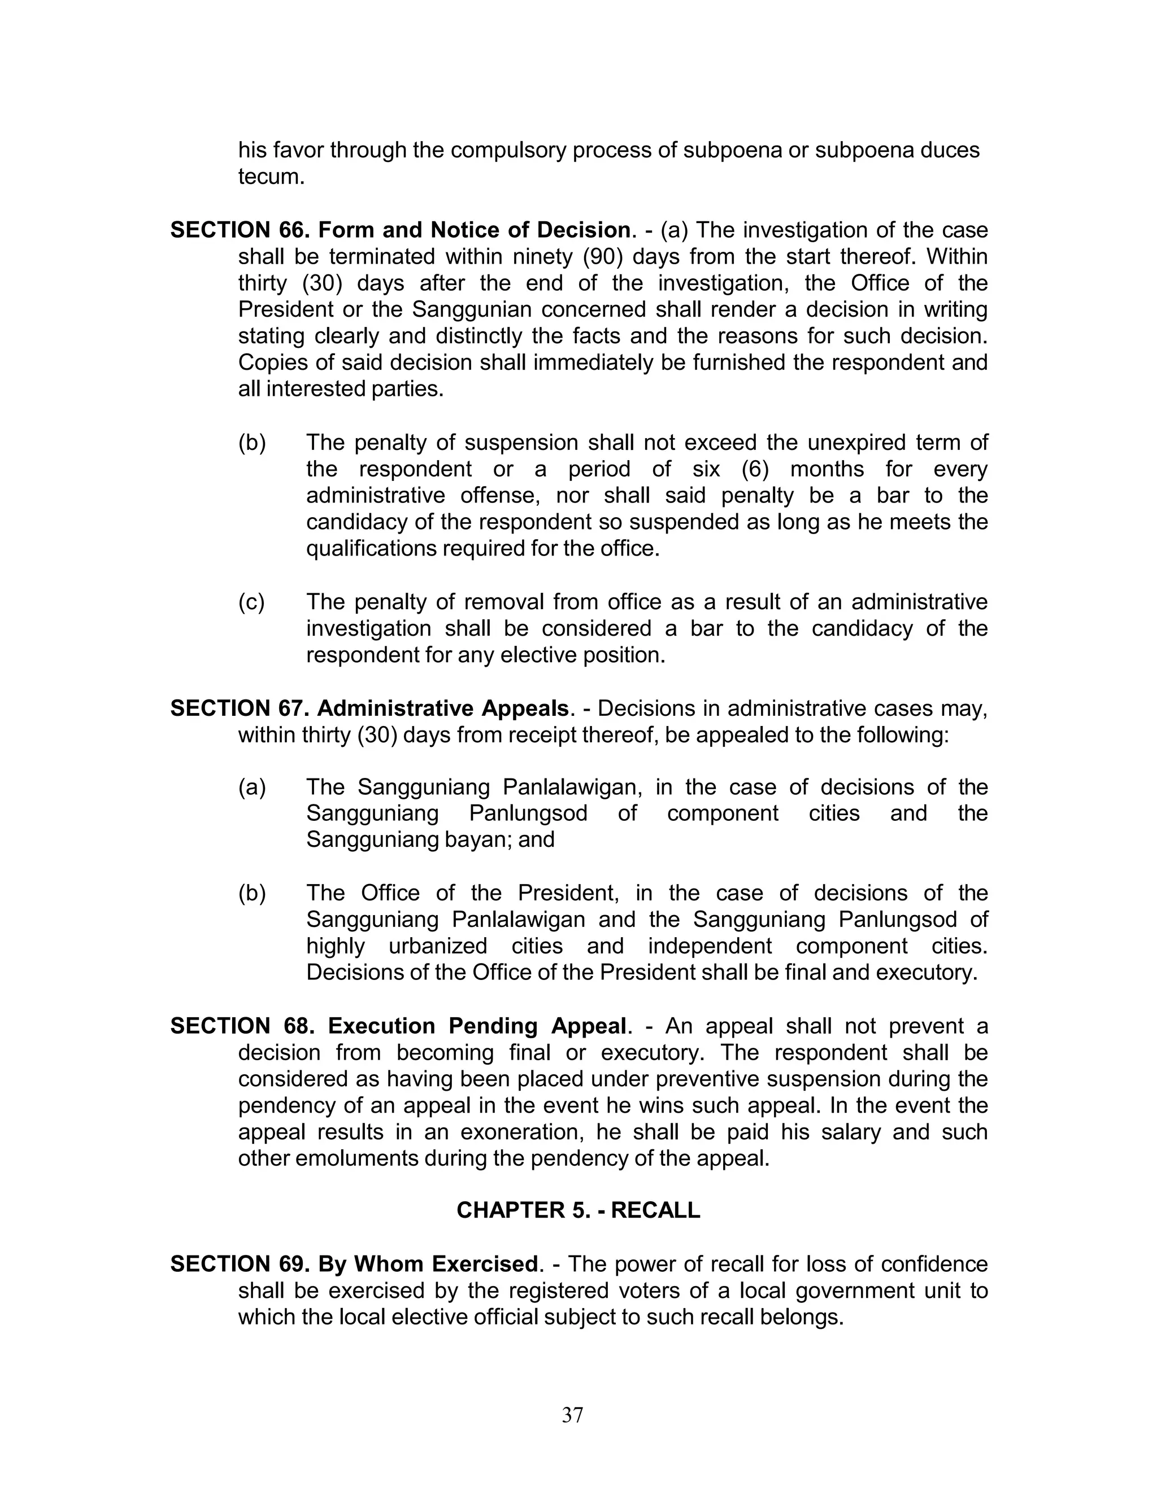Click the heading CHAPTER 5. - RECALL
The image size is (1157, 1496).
pos(578,1210)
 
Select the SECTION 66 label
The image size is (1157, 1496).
pos(240,230)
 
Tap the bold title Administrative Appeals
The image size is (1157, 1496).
pos(443,708)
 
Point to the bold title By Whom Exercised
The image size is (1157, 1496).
pos(428,1264)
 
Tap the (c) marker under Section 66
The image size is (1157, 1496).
pos(251,602)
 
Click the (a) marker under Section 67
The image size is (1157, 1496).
pos(251,787)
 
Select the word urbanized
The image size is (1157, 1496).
pos(437,946)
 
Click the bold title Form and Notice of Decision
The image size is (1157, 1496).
pos(473,230)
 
